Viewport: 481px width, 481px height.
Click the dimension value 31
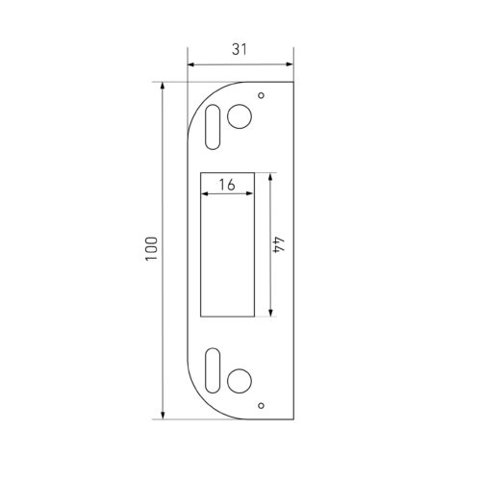point(240,49)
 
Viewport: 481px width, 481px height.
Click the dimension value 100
point(151,249)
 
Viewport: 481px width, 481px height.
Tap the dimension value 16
point(227,185)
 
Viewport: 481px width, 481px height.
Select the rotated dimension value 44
point(279,245)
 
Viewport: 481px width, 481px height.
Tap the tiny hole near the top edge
point(262,95)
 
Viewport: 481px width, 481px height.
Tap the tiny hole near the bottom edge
point(262,406)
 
